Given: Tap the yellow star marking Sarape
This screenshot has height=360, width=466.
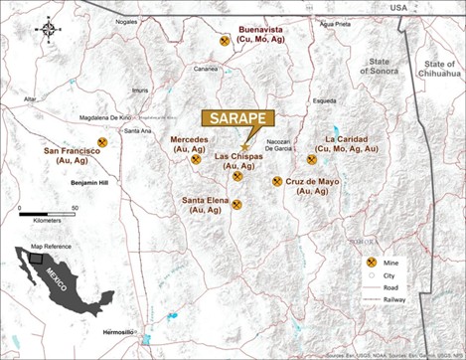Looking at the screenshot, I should coord(243,146).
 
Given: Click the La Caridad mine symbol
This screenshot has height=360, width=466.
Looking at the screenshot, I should coord(312,159).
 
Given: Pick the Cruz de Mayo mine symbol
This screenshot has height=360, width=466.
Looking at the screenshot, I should coord(277,182).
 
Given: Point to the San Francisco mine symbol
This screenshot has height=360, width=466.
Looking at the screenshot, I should coord(115,142).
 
